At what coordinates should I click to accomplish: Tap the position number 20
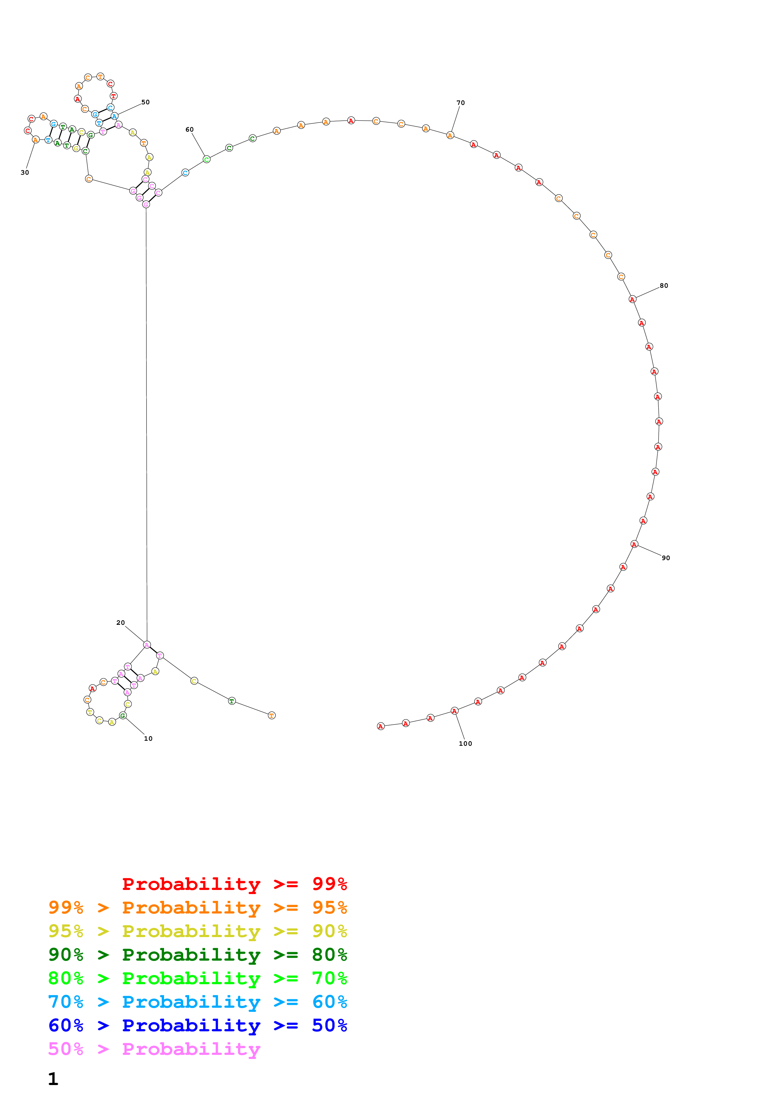point(120,623)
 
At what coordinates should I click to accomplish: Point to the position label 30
point(25,172)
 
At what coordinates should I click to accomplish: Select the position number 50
point(145,102)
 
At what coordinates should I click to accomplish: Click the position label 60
point(189,130)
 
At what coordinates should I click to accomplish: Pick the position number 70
point(460,103)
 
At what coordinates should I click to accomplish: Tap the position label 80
point(663,286)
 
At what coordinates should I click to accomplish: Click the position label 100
point(465,744)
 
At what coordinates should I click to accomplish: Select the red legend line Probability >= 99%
point(234,884)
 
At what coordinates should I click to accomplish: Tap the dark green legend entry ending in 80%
point(197,955)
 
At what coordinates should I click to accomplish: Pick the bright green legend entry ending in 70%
point(197,978)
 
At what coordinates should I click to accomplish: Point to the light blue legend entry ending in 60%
point(197,1002)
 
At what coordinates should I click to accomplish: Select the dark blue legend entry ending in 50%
point(197,1025)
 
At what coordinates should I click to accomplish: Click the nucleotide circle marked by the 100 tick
point(454,711)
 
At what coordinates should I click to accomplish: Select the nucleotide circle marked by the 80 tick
point(632,299)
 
